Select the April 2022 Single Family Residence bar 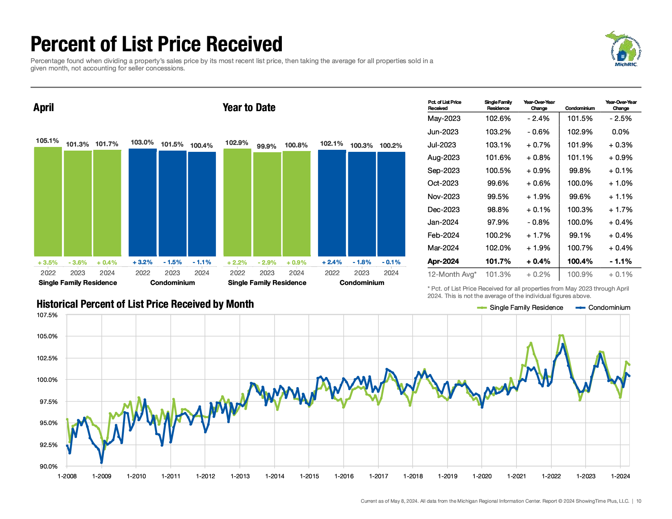click(x=48, y=201)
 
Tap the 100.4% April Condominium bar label click(x=202, y=145)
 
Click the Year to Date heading click(x=249, y=107)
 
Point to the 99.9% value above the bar click(x=267, y=146)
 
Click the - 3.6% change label click(x=77, y=263)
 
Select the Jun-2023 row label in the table click(x=443, y=132)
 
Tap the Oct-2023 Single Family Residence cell click(x=498, y=183)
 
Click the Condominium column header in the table click(x=580, y=108)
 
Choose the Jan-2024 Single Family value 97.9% click(x=498, y=222)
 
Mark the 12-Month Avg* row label click(x=452, y=274)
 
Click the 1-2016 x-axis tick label click(x=344, y=476)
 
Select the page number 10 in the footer click(x=639, y=501)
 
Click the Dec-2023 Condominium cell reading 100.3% click(x=580, y=210)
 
